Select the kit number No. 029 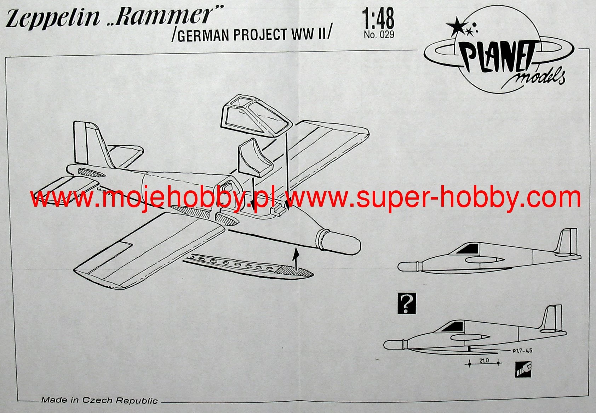[x=379, y=35]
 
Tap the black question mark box [x=406, y=303]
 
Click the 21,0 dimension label [x=484, y=361]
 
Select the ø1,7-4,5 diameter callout [x=522, y=351]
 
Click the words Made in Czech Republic [x=99, y=400]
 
